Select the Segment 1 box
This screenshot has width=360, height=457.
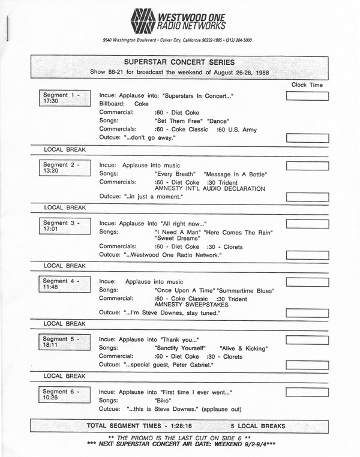[x=62, y=98]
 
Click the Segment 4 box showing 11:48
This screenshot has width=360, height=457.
[x=62, y=284]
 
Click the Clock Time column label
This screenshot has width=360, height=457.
[x=307, y=85]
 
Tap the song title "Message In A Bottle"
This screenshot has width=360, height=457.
[x=235, y=174]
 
